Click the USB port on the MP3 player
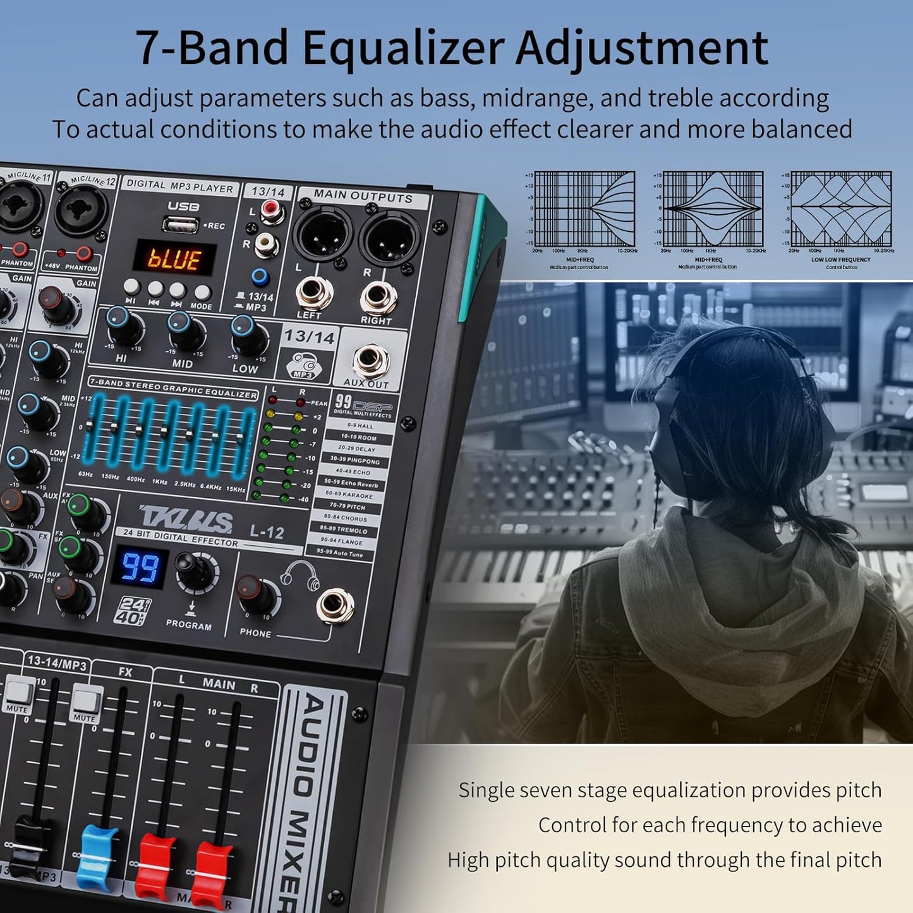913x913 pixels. pos(179,223)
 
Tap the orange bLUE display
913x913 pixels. pos(174,259)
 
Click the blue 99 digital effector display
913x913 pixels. pos(140,567)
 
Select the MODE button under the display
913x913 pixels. pos(202,293)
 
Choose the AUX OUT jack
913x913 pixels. pos(371,360)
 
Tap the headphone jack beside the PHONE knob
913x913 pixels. pos(335,606)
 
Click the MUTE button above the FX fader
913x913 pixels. pos(86,699)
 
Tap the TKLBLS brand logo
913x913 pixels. pos(186,519)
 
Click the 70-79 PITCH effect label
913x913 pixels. pos(348,507)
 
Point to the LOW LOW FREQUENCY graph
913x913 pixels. pos(841,209)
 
